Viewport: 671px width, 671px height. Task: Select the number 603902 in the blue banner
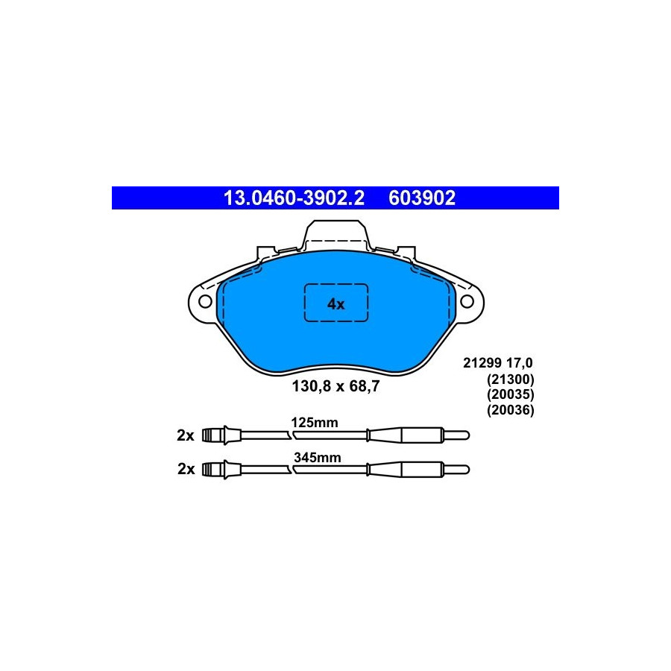421,198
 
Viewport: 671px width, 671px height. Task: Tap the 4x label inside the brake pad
336,303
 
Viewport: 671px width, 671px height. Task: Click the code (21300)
511,379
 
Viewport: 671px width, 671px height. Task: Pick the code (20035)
511,394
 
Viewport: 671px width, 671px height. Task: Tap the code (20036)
511,410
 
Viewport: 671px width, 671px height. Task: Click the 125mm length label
314,422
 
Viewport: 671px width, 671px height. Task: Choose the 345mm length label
317,458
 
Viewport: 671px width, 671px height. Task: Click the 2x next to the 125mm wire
186,435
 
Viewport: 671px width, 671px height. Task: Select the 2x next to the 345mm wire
186,469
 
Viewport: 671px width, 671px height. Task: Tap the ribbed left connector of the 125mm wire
215,435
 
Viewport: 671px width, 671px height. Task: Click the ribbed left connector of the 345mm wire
215,469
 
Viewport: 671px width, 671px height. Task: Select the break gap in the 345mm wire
292,469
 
